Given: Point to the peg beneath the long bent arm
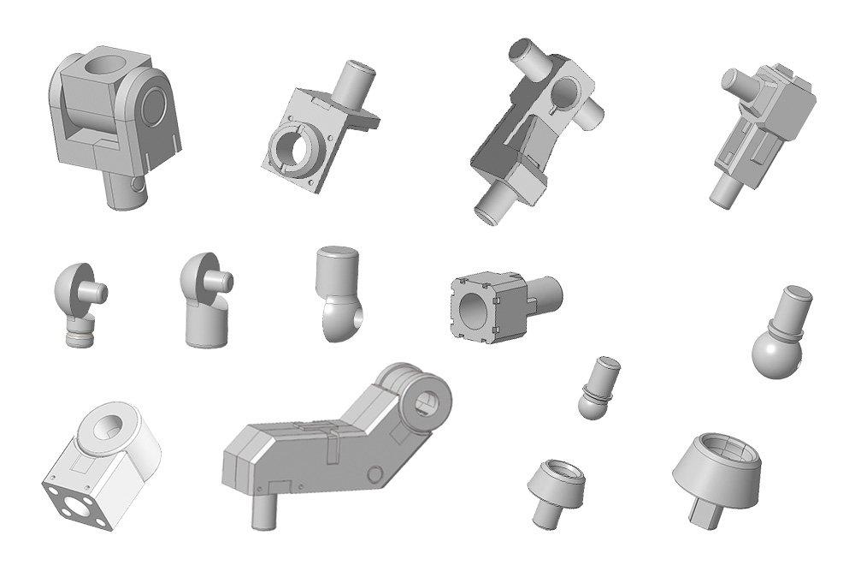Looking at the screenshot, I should pyautogui.click(x=262, y=512).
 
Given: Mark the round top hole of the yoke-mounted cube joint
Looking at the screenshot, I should pyautogui.click(x=108, y=64).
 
